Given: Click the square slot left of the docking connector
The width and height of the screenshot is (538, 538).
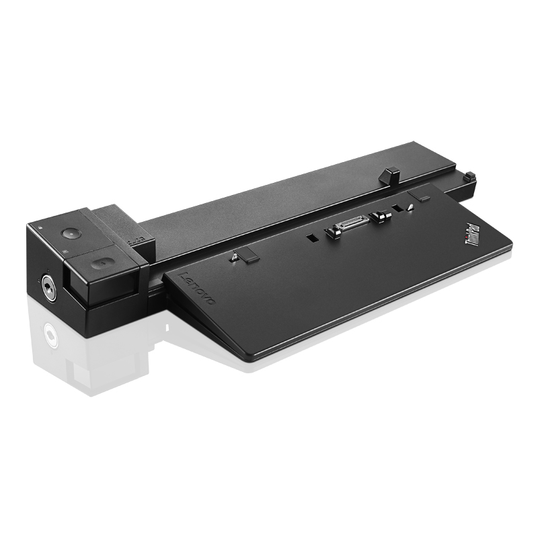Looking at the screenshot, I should point(311,237).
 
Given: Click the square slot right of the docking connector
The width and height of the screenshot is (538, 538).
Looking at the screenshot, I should point(398,209).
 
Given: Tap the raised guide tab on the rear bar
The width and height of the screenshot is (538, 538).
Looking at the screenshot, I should point(389,176).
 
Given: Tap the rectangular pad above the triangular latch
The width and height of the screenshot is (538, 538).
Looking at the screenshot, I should point(422,196).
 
